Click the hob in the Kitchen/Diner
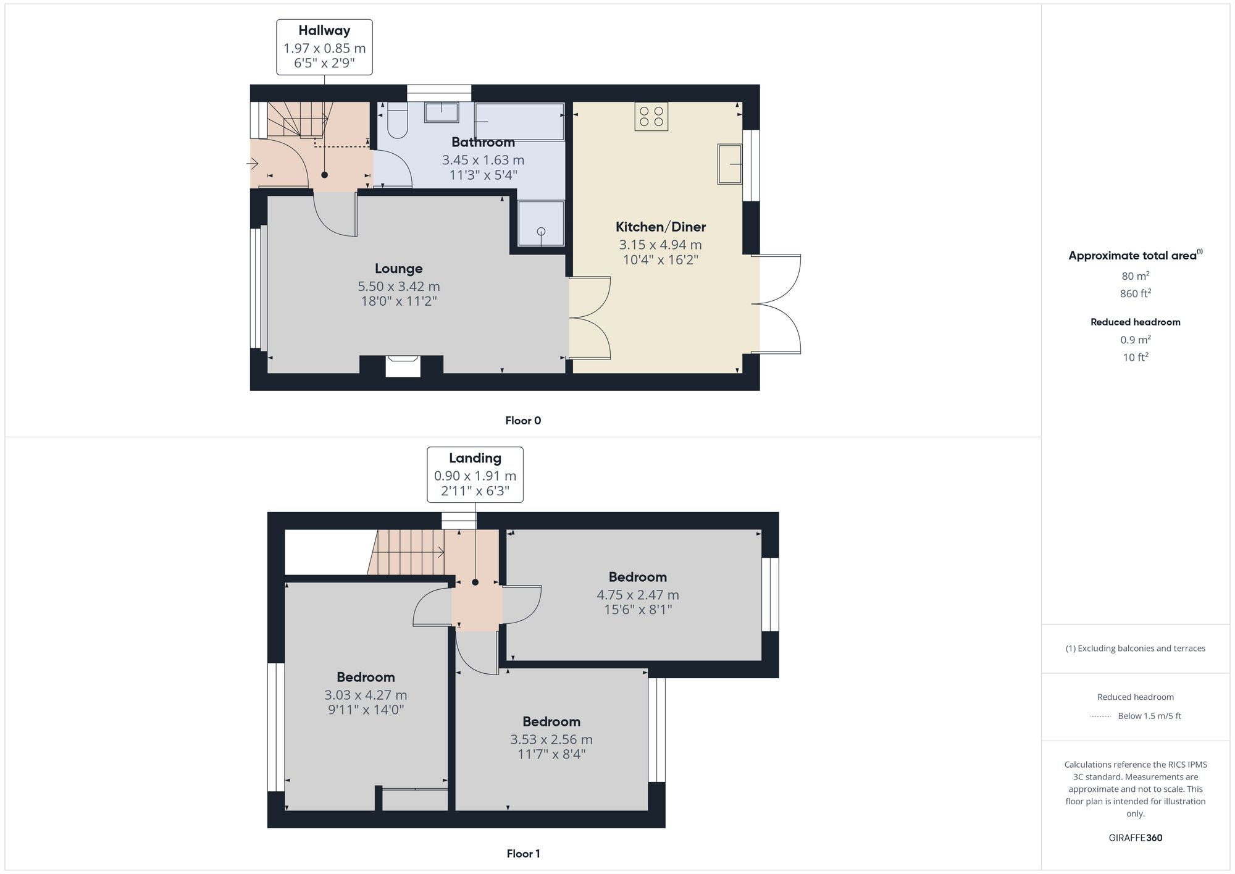pos(651,116)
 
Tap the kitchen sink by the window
pos(730,164)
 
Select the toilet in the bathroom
pos(396,122)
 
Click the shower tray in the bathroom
pos(541,223)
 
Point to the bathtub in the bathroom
pos(519,121)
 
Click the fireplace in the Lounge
pos(403,366)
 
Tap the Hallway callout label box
pos(324,47)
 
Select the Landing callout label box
pos(475,474)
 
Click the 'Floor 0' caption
pos(523,421)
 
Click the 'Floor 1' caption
pos(523,854)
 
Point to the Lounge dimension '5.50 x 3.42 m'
pos(399,287)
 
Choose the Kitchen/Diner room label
pos(660,227)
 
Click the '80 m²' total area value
pos(1135,276)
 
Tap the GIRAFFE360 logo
pos(1135,838)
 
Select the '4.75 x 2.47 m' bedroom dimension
pos(637,595)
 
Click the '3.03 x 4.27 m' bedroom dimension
pos(366,695)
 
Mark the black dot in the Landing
pos(475,582)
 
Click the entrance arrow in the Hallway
pos(253,164)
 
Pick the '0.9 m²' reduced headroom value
pos(1135,340)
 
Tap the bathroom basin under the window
pos(442,112)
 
